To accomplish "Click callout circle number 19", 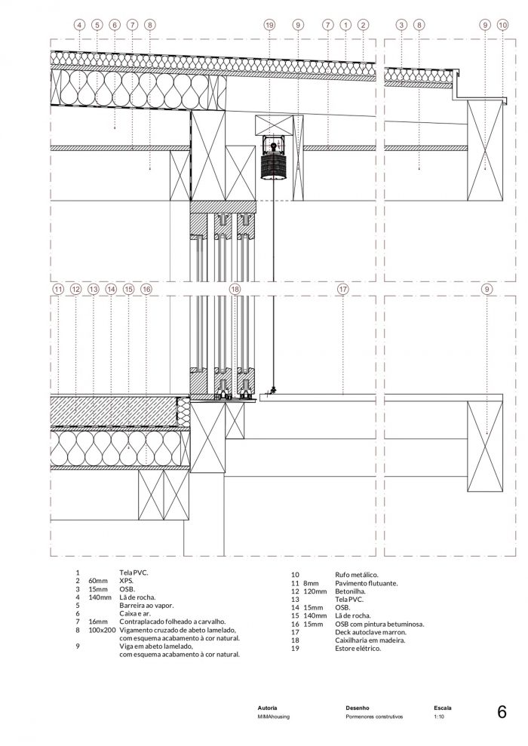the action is point(269,25).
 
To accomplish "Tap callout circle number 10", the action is point(502,25).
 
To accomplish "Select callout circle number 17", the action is point(342,289).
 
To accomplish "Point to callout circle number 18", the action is point(235,289).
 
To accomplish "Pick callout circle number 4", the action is point(79,25).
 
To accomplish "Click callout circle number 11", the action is point(58,289).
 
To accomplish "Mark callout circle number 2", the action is point(363,25).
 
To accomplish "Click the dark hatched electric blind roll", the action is point(273,165).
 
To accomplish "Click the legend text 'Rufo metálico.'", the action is point(357,575).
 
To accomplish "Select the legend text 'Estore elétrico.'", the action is point(358,649).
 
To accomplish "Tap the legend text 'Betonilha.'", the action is point(350,591).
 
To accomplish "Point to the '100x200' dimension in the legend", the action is point(103,630).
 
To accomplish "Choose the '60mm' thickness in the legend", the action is point(98,581).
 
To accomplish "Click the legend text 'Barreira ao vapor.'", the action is point(146,606).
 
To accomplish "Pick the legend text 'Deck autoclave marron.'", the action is point(370,632).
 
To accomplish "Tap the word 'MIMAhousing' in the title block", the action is point(274,717).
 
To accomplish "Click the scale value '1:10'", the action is point(439,717).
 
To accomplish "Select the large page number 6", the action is point(502,712).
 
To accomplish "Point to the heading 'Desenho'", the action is point(358,708).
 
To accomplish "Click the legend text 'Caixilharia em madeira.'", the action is point(370,640).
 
